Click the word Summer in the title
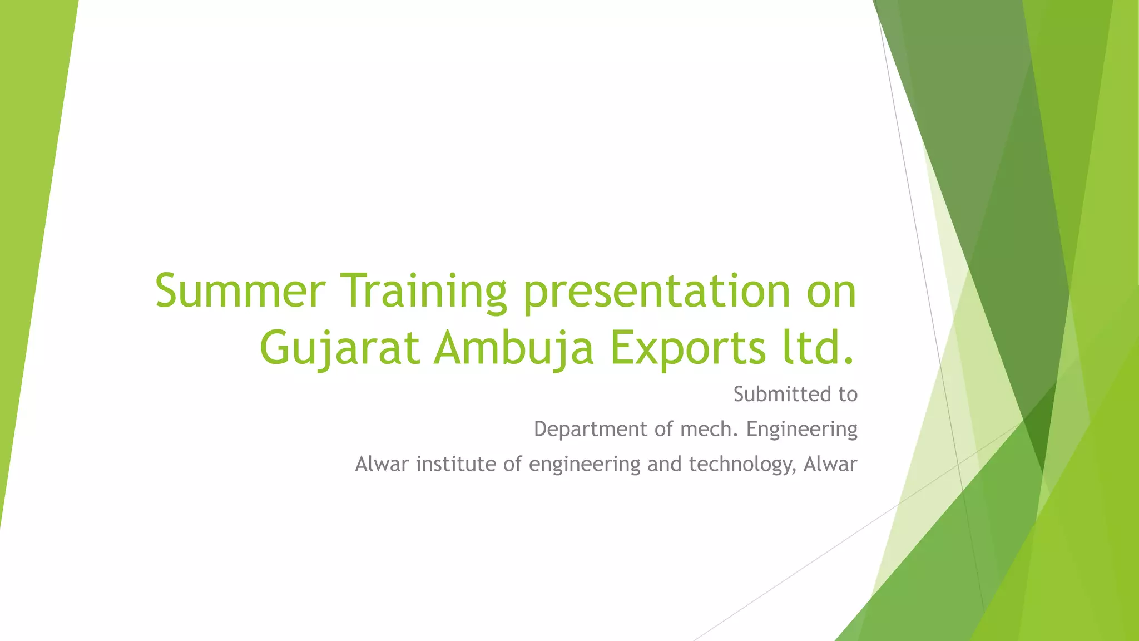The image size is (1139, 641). tap(240, 291)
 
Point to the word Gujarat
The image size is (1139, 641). tap(340, 349)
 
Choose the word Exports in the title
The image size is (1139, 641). tap(687, 349)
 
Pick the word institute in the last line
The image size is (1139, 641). tap(456, 464)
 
